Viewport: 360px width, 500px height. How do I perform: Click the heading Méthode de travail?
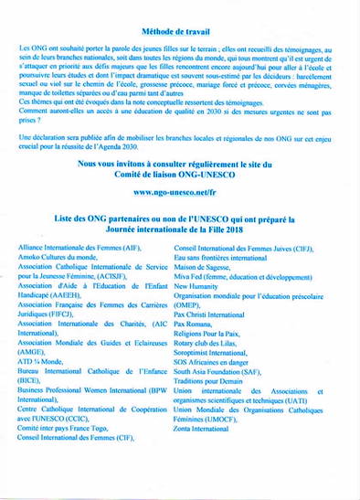pos(179,30)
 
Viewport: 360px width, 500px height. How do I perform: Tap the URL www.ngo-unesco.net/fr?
pos(179,193)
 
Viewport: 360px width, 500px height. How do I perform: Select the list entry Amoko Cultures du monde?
pos(58,261)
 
